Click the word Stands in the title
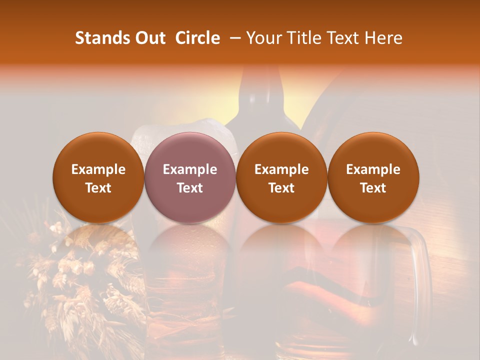[x=100, y=38]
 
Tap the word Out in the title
[x=147, y=38]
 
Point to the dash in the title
[x=233, y=38]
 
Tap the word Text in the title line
[x=344, y=38]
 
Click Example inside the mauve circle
[x=190, y=169]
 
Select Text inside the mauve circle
[x=190, y=188]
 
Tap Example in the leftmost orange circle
[x=98, y=169]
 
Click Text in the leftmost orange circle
[x=98, y=188]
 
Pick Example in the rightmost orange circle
[x=373, y=169]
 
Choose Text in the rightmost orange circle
[x=373, y=188]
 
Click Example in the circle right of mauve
[x=281, y=169]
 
